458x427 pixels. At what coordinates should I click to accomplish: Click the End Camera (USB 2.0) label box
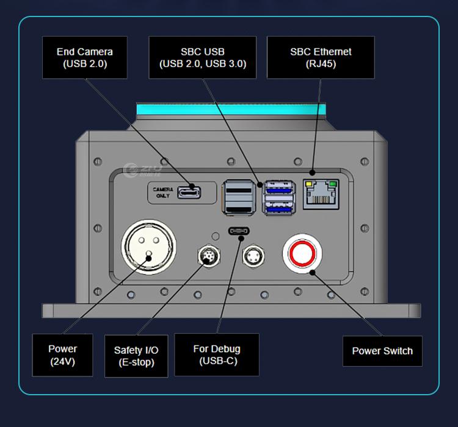pyautogui.click(x=84, y=57)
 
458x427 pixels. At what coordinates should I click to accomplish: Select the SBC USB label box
pyautogui.click(x=203, y=57)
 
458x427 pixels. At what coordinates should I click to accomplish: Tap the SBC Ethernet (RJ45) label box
pyautogui.click(x=321, y=57)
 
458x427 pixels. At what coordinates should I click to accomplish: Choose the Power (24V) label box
pyautogui.click(x=62, y=354)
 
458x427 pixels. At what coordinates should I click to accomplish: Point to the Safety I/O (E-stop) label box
pyautogui.click(x=136, y=356)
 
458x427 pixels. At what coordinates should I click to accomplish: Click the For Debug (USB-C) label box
pyautogui.click(x=216, y=354)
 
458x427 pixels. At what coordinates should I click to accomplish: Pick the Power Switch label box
pyautogui.click(x=382, y=351)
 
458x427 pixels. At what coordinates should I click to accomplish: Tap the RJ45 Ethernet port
pyautogui.click(x=321, y=194)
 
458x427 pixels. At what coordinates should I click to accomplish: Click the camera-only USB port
pyautogui.click(x=189, y=193)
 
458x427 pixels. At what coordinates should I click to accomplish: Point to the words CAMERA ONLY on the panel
pyautogui.click(x=163, y=193)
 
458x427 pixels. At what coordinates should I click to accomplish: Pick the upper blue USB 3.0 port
pyautogui.click(x=278, y=187)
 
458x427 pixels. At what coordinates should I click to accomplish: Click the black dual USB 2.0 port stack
pyautogui.click(x=240, y=196)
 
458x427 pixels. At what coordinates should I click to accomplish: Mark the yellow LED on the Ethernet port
pyautogui.click(x=309, y=184)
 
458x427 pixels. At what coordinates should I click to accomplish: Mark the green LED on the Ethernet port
pyautogui.click(x=332, y=184)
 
